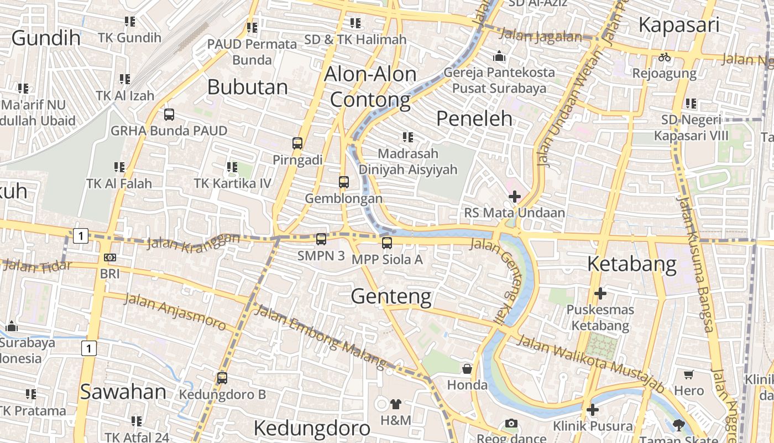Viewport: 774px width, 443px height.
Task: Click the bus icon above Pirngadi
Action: [x=297, y=143]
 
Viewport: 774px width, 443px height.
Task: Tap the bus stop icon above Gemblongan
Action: [x=344, y=182]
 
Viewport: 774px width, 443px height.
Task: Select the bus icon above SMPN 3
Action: [x=321, y=239]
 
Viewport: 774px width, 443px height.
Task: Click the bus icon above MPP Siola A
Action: [x=387, y=243]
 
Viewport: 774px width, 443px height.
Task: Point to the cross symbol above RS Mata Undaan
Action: [x=515, y=196]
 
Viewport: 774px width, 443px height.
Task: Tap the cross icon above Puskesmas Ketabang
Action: [x=600, y=293]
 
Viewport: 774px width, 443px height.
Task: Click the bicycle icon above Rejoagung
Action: [x=665, y=57]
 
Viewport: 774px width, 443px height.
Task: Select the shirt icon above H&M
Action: [x=396, y=404]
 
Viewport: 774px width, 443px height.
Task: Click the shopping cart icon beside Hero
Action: [x=689, y=375]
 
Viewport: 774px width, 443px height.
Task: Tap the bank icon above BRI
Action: [x=110, y=257]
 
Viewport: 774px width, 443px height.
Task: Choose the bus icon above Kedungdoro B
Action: [x=222, y=378]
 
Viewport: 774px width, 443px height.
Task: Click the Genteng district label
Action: [x=391, y=297]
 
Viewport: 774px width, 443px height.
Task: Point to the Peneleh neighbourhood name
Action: [x=474, y=119]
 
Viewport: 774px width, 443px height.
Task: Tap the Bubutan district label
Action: [x=248, y=87]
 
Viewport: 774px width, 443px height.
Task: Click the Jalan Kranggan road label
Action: [x=193, y=241]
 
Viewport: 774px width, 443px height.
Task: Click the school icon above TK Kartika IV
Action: [x=232, y=167]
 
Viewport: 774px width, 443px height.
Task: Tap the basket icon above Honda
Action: [x=467, y=369]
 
